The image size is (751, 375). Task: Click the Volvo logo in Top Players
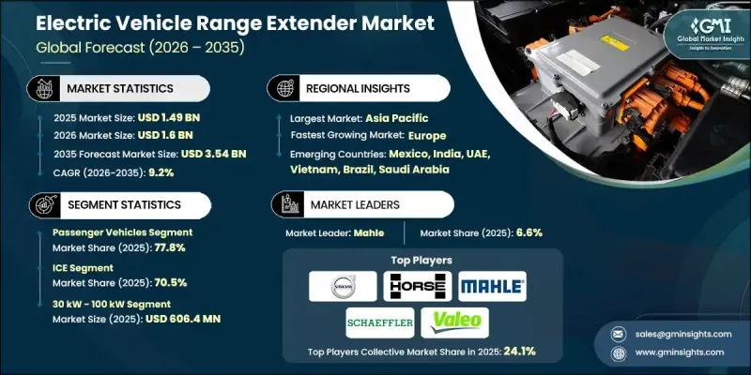tap(336, 287)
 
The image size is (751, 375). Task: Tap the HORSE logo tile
tap(417, 287)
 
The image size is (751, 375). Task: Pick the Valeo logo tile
tap(456, 322)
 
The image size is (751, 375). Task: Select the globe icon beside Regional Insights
tap(284, 87)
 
